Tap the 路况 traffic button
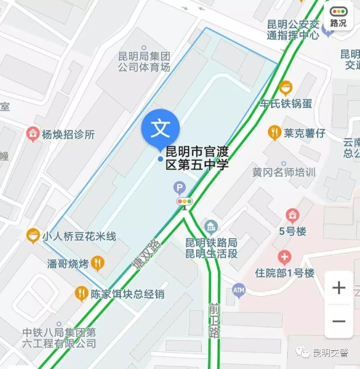click(338, 17)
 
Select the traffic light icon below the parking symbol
click(185, 202)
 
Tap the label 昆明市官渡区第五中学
click(197, 158)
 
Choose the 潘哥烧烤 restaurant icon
click(98, 263)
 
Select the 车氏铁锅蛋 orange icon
click(285, 87)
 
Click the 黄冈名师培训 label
click(284, 172)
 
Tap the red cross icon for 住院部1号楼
click(284, 257)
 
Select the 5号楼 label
click(293, 231)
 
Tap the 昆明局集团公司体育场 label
click(144, 62)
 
